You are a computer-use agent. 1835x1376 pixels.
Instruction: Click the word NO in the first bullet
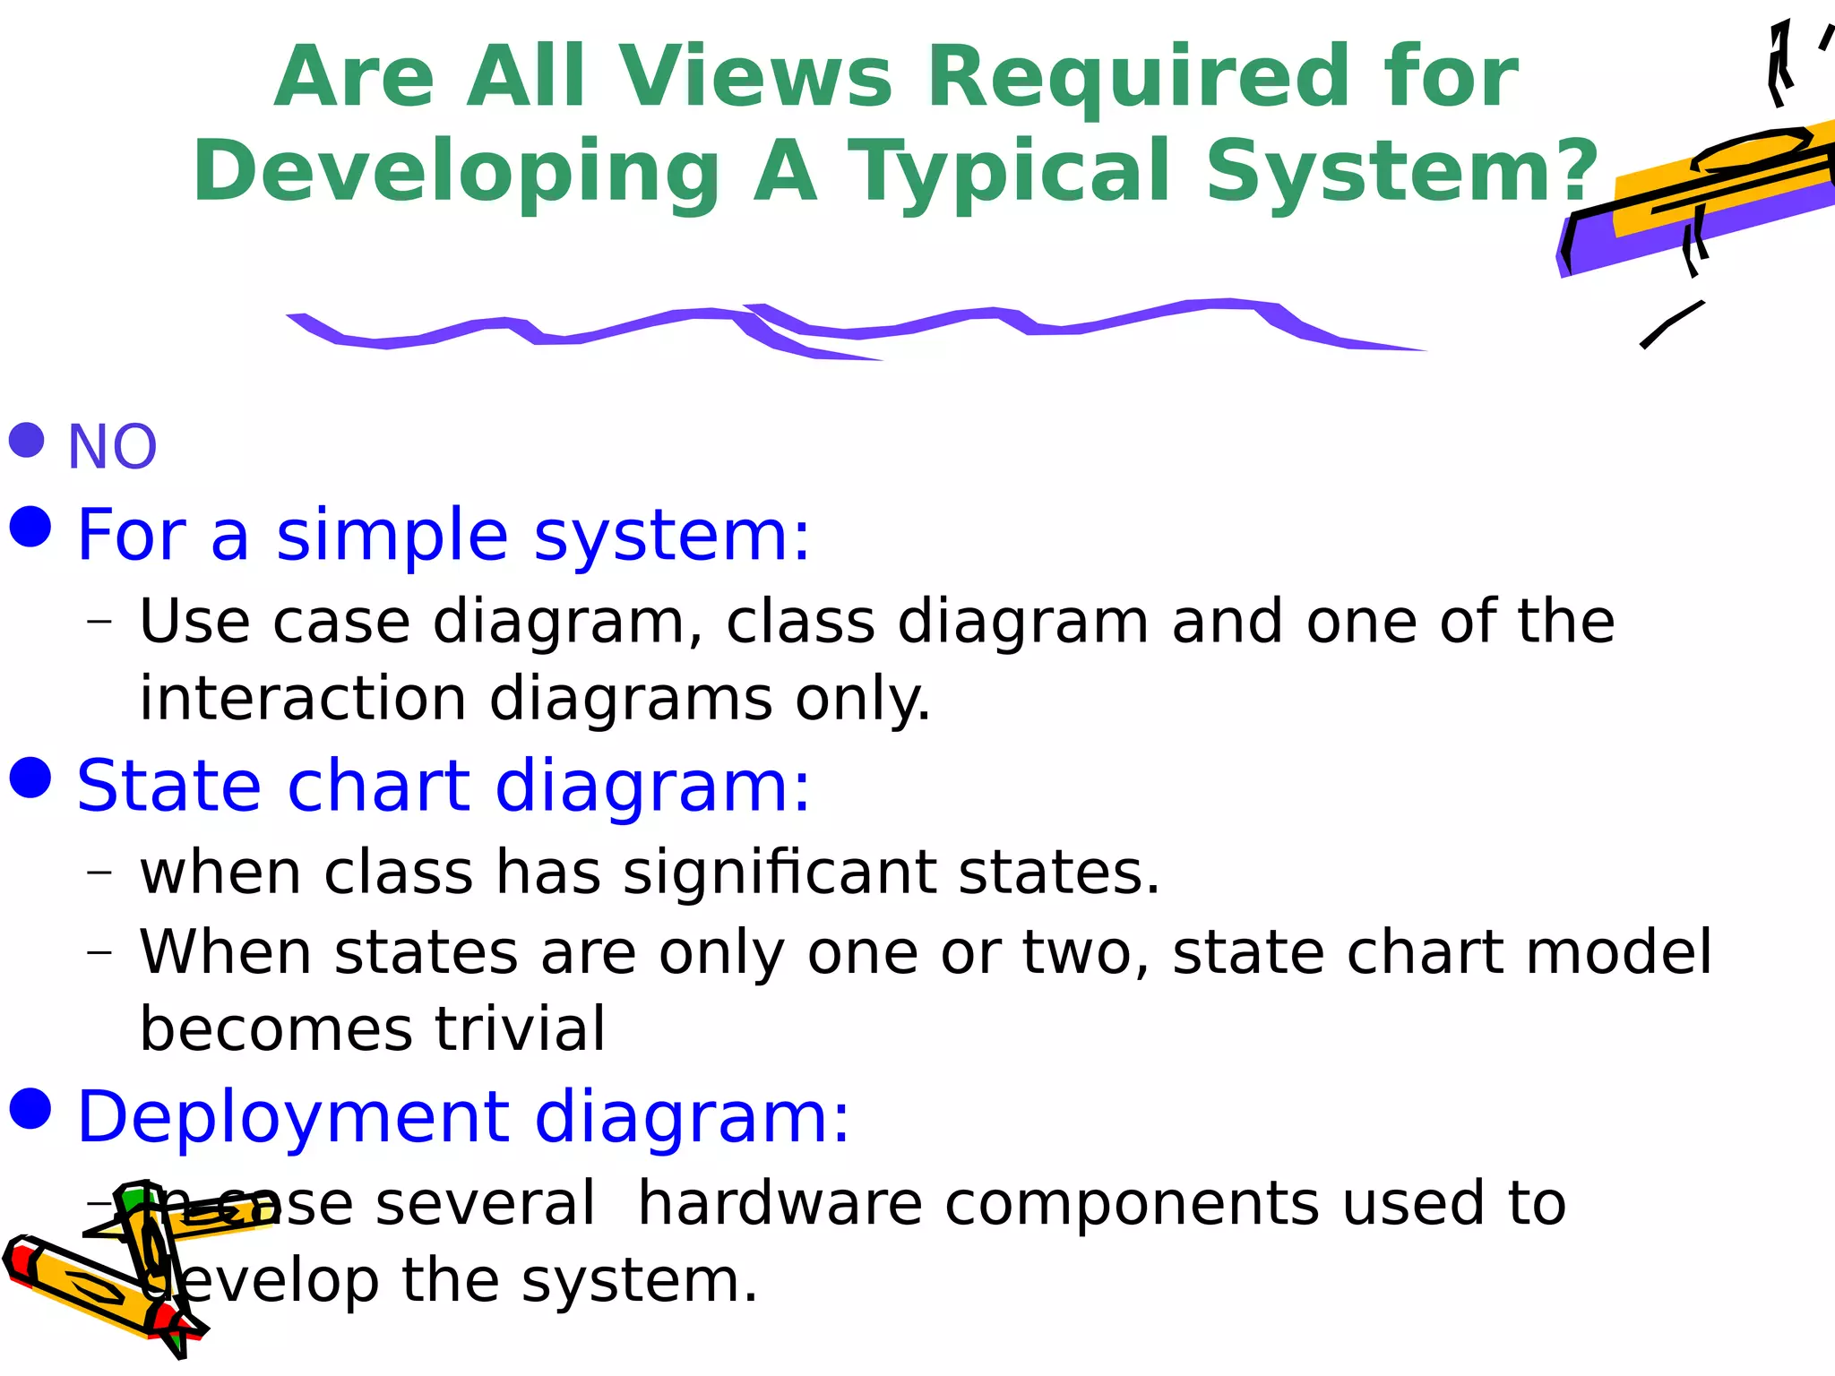112,447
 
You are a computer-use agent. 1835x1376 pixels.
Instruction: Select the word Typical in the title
1008,171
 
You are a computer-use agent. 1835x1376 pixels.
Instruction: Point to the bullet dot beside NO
27,440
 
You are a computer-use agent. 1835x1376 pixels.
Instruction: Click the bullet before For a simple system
30,526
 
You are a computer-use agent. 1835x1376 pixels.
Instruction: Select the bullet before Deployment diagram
30,1109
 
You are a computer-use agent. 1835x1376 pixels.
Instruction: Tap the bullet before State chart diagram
30,777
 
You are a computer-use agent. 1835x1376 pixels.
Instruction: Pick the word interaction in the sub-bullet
303,699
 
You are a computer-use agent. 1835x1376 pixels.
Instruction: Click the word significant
780,873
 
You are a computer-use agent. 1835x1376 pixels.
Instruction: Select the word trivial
520,1028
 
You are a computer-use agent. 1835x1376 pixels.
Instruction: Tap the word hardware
780,1203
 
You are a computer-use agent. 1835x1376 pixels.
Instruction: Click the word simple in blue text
392,535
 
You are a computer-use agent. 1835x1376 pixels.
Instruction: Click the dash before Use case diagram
100,621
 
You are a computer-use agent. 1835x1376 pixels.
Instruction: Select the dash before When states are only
100,951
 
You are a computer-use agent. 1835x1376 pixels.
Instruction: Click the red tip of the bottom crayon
18,1262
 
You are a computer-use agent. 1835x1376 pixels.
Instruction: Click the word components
1131,1203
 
